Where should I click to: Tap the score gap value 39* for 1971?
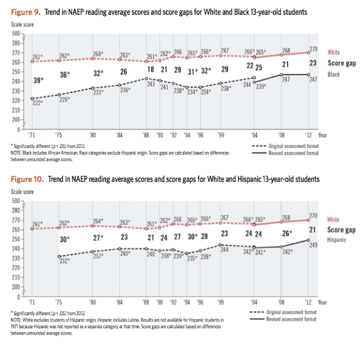[x=39, y=81]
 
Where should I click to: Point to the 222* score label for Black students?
[x=37, y=103]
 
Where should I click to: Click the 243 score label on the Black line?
[x=151, y=83]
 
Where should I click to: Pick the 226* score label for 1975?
[x=65, y=100]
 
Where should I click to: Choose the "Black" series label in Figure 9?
[x=334, y=74]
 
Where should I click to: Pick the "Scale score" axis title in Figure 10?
[x=23, y=192]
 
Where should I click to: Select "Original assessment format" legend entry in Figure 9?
[x=288, y=146]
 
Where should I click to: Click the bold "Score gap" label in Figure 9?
[x=342, y=63]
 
